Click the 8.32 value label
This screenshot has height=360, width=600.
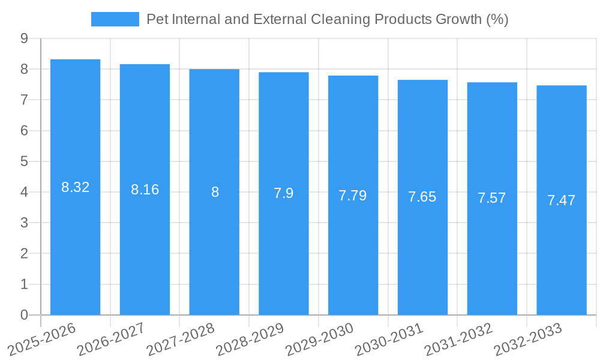pos(76,187)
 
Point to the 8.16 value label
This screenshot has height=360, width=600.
pos(145,190)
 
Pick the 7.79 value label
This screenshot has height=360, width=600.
pos(353,196)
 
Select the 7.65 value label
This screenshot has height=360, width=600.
pos(422,197)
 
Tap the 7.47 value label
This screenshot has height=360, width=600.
pos(562,200)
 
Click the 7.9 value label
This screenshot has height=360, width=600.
pos(284,193)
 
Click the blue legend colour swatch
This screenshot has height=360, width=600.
pos(115,19)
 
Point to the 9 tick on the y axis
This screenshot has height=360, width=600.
pos(24,38)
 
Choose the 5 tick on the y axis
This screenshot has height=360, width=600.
pos(24,161)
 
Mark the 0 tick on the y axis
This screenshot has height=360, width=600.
pos(24,315)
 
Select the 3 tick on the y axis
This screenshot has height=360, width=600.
pos(24,223)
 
